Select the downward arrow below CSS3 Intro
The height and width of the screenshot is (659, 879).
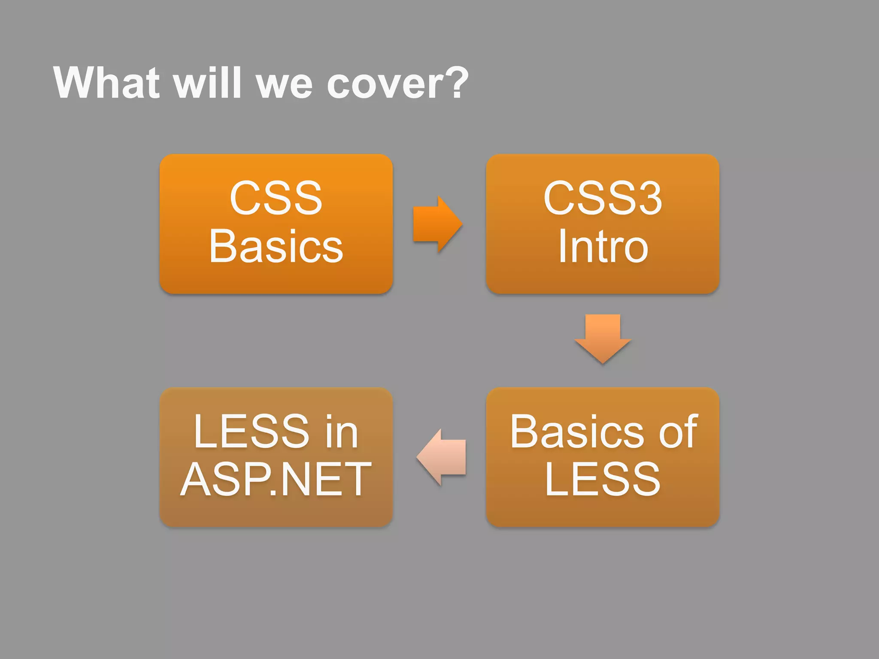(603, 337)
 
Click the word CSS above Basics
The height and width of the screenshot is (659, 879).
(276, 198)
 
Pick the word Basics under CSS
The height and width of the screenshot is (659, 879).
(276, 246)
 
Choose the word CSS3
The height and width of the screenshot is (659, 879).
(603, 198)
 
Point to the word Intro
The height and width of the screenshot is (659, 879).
(603, 246)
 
